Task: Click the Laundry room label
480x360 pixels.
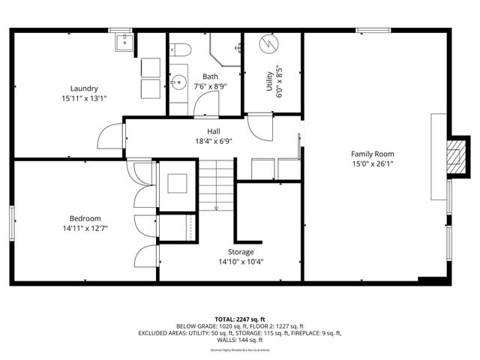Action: [x=84, y=88]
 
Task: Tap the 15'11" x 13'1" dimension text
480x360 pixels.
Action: [x=84, y=98]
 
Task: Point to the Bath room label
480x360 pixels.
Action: [x=210, y=76]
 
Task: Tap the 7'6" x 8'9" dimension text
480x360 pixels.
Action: [x=210, y=86]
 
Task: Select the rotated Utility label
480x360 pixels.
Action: [x=269, y=81]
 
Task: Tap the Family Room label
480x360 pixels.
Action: [x=372, y=154]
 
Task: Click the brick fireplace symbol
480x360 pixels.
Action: [x=454, y=157]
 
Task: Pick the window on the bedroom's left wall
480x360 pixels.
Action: [x=13, y=221]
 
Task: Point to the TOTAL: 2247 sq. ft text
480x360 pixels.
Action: [x=240, y=318]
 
